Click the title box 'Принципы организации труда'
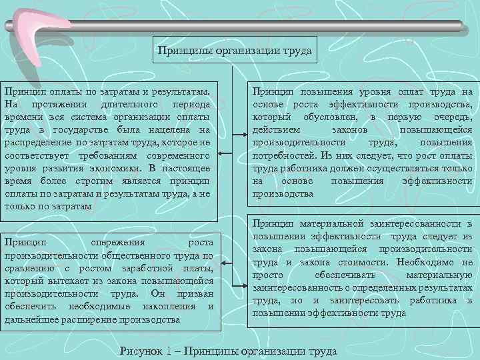(234, 49)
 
